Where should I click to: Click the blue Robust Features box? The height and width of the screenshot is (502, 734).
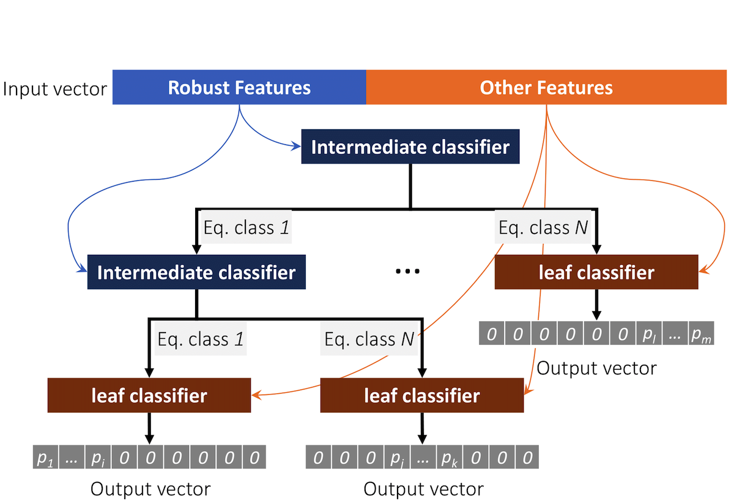pyautogui.click(x=239, y=87)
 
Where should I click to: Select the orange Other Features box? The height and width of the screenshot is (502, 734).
pyautogui.click(x=546, y=87)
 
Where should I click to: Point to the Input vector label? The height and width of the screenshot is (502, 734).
pyautogui.click(x=54, y=89)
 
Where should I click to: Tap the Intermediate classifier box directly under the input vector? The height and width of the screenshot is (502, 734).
pyautogui.click(x=410, y=146)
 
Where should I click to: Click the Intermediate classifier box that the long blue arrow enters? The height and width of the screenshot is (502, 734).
pyautogui.click(x=196, y=272)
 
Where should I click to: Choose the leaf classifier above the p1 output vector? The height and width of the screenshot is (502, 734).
pyautogui.click(x=149, y=395)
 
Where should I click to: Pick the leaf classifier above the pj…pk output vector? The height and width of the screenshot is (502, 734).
pyautogui.click(x=422, y=395)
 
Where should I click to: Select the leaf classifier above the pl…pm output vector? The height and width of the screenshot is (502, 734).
pyautogui.click(x=596, y=272)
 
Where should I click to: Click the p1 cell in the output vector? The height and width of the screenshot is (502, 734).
pyautogui.click(x=45, y=457)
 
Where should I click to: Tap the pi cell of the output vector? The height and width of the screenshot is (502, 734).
pyautogui.click(x=98, y=457)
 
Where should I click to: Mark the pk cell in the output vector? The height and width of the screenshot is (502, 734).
pyautogui.click(x=449, y=457)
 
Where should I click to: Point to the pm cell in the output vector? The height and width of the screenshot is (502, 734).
pyautogui.click(x=701, y=333)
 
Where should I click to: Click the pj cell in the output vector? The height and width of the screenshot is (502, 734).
pyautogui.click(x=397, y=457)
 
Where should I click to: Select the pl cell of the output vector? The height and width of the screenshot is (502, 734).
pyautogui.click(x=649, y=333)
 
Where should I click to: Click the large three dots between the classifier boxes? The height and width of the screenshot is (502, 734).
pyautogui.click(x=407, y=271)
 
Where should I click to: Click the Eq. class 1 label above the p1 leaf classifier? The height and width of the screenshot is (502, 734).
pyautogui.click(x=201, y=339)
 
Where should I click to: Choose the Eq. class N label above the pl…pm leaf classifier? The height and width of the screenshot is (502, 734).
pyautogui.click(x=543, y=227)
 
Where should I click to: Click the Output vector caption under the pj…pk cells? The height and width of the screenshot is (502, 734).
pyautogui.click(x=423, y=489)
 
